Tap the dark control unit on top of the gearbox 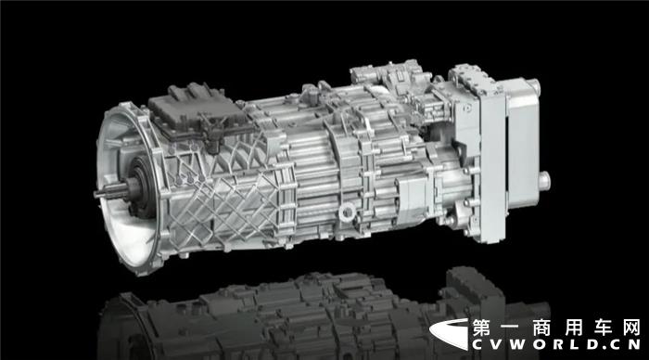(x=195, y=112)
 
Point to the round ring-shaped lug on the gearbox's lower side (x=347, y=212)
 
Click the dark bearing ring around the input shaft (x=140, y=186)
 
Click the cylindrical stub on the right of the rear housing (x=544, y=182)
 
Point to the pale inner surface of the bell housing (x=120, y=215)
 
